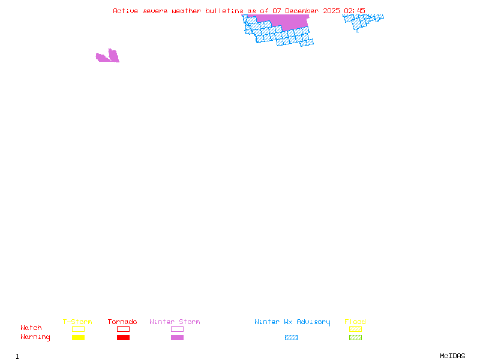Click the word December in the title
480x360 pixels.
pos(302,11)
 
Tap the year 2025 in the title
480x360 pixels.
pos(331,11)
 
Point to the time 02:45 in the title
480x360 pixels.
pos(355,11)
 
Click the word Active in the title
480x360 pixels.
pos(125,11)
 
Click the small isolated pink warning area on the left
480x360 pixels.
pos(109,57)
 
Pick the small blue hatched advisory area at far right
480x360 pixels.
pos(362,22)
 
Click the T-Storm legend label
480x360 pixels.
pos(77,322)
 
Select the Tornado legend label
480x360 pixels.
pos(122,322)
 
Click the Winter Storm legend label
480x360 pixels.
pos(175,322)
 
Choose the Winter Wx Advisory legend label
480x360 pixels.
pos(292,322)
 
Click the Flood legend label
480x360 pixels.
pos(355,322)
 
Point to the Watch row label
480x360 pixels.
pos(31,328)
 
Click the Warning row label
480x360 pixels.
pos(35,337)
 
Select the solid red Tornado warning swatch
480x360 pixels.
pos(123,337)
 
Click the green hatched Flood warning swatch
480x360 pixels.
pos(355,337)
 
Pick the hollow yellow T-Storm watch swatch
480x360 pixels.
pos(78,329)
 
